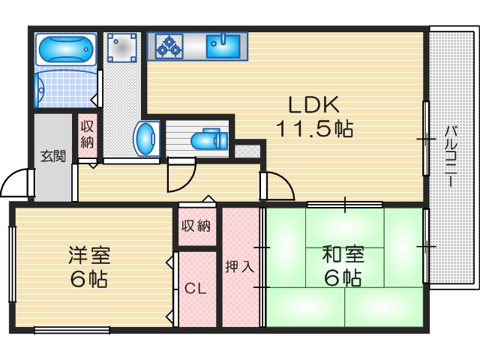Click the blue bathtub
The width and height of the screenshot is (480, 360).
(x=65, y=50)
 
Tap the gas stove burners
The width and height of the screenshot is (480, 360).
(x=169, y=46)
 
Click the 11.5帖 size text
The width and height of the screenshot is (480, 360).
(x=315, y=129)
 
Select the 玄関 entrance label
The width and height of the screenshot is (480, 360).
(x=52, y=157)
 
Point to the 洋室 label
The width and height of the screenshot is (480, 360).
(x=89, y=255)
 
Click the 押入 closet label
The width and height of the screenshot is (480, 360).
(x=240, y=266)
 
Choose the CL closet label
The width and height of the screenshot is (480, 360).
(x=196, y=288)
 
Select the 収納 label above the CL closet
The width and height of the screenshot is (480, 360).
(x=196, y=226)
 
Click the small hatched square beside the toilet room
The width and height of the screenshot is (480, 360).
(x=245, y=151)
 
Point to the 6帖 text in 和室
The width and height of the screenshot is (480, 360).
(x=343, y=279)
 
